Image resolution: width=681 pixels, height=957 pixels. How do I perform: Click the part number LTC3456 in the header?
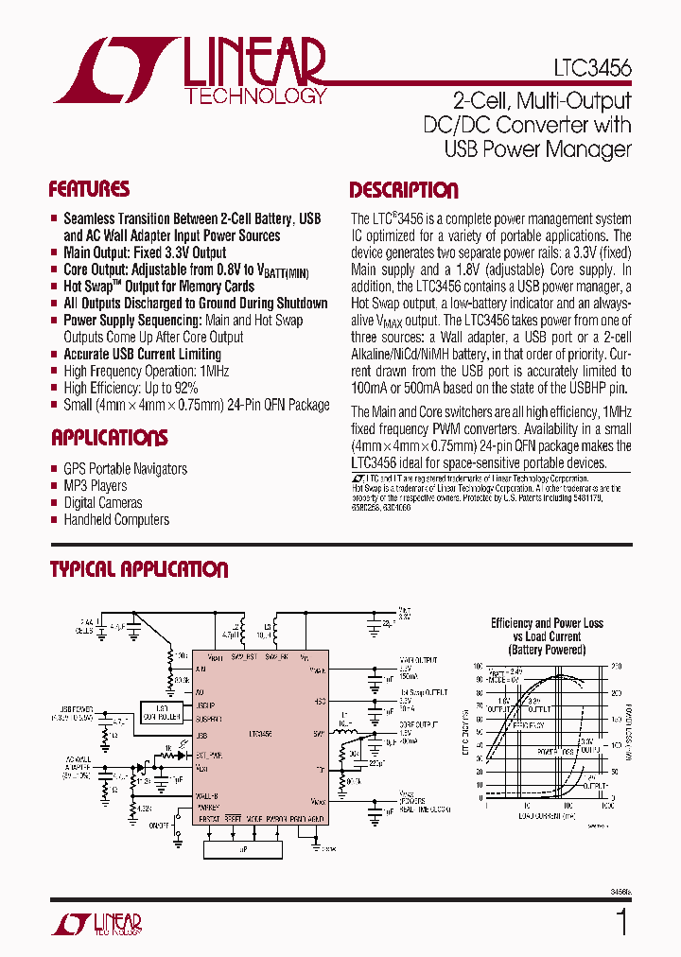593,68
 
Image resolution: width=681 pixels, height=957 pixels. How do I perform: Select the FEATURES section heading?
89,188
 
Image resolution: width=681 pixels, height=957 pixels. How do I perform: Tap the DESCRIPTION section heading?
404,190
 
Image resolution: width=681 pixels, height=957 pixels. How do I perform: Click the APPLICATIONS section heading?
109,438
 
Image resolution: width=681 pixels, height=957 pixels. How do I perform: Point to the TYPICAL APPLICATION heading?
138,569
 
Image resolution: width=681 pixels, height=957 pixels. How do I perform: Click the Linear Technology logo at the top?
189,70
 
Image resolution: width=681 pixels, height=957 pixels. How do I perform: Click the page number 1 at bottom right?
621,922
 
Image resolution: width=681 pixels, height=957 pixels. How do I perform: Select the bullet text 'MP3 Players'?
96,486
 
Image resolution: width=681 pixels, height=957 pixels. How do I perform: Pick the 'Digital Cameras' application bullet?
103,503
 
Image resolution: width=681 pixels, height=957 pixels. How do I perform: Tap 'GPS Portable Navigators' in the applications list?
125,469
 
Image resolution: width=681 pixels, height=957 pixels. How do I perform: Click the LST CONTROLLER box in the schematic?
162,711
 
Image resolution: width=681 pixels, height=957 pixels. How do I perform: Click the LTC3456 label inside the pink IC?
261,734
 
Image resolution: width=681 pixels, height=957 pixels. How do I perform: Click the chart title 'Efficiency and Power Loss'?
547,623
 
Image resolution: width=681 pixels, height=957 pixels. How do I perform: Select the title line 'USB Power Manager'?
537,149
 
